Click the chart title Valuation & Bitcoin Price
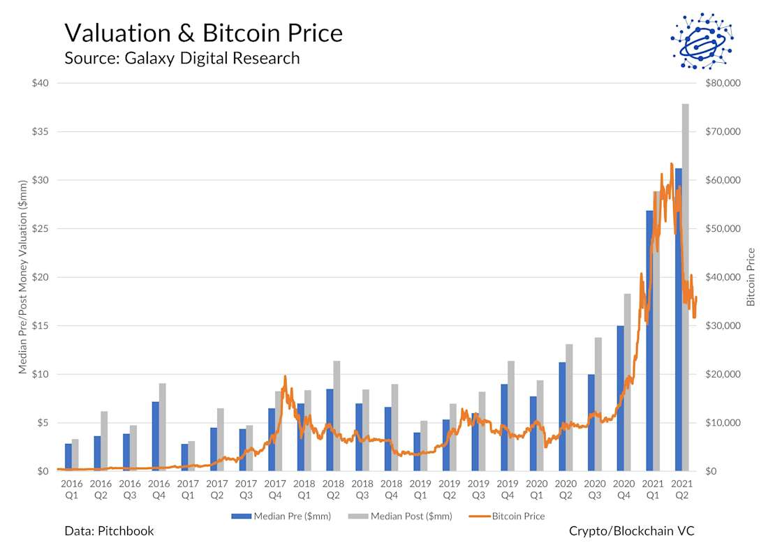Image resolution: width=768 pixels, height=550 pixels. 203,33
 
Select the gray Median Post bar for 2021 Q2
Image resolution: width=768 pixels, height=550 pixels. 686,209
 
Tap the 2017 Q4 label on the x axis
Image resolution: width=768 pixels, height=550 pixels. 275,489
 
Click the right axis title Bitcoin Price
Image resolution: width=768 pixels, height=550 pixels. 751,277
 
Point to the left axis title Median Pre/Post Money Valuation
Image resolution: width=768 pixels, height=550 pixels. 24,277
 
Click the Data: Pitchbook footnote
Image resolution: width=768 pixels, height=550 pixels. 109,531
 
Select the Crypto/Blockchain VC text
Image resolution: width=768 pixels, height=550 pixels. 631,531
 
